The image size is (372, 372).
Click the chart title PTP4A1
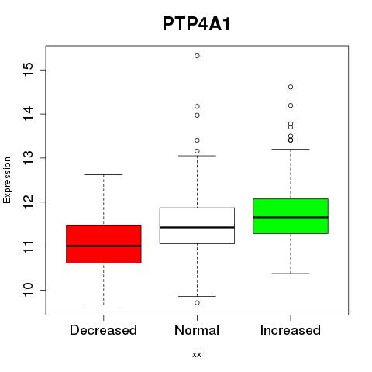(196, 24)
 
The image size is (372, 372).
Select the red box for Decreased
(104, 244)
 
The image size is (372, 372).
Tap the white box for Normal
(197, 226)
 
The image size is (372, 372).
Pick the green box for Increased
(291, 216)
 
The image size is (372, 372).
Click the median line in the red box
(104, 246)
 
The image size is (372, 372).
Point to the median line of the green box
(291, 217)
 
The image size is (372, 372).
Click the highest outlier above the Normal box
(197, 56)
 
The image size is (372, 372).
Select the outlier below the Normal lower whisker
(197, 303)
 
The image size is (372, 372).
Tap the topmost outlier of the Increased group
(291, 87)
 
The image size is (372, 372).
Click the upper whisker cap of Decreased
(104, 174)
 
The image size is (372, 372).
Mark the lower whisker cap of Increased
(291, 274)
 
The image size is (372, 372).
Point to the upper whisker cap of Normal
(197, 156)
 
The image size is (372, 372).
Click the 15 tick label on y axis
(28, 70)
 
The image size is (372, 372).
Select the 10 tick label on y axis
(28, 290)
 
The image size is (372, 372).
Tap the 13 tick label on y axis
(28, 157)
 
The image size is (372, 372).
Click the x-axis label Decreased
(103, 330)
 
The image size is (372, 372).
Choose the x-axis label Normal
(197, 330)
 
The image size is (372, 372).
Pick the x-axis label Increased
(291, 330)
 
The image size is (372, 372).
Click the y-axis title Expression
(7, 180)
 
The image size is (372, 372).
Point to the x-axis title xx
(197, 355)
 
